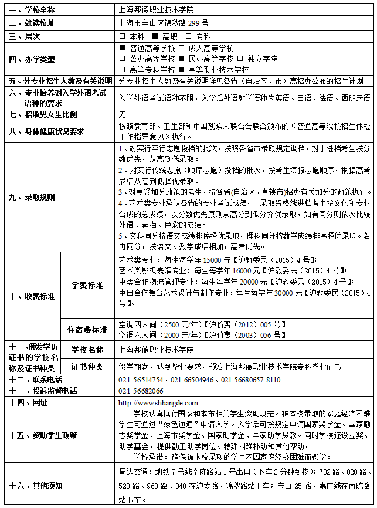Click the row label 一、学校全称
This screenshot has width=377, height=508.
pos(36,10)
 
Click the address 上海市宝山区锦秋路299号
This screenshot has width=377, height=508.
pos(163,23)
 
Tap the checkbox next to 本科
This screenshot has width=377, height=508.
pos(122,36)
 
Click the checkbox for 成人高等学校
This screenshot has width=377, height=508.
pos(182,49)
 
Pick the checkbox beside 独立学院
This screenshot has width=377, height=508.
pos(240,59)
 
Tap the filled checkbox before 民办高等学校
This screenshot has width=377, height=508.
pos(182,59)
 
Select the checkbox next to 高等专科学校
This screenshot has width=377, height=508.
pos(122,69)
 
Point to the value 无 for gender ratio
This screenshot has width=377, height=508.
pos(122,114)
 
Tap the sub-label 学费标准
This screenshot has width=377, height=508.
pos(87,285)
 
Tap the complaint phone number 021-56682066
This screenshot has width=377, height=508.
pos(141,391)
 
